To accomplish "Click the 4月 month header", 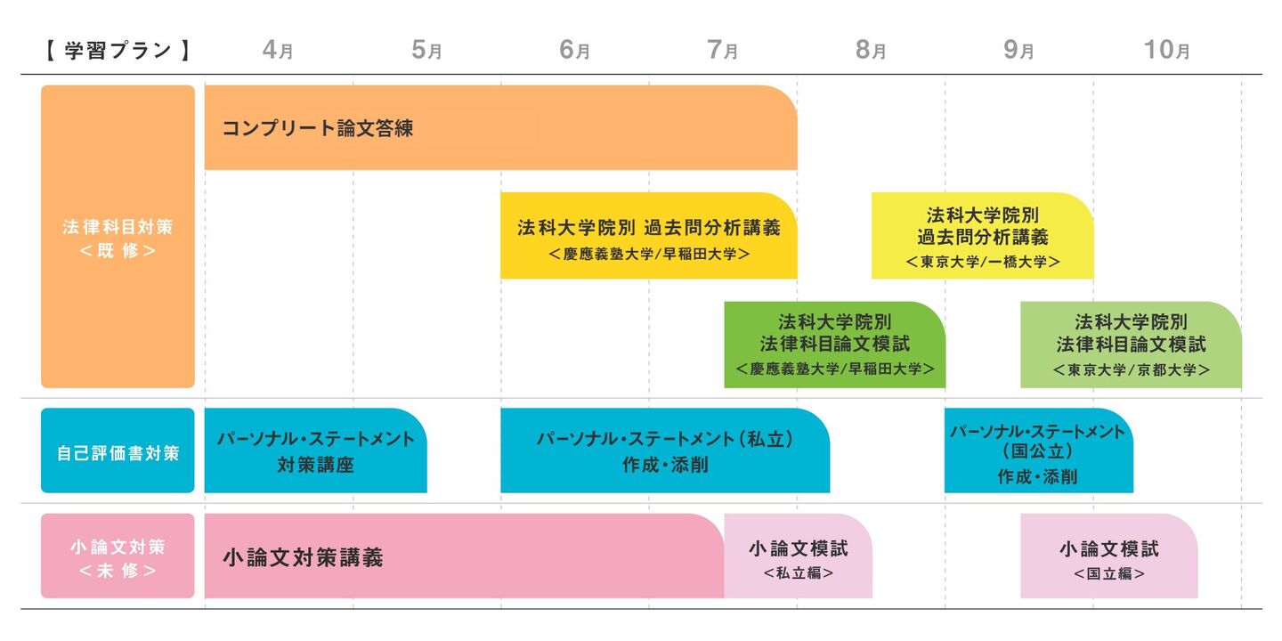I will pyautogui.click(x=278, y=51).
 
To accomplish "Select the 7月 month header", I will pyautogui.click(x=722, y=51).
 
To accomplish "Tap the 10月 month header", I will pyautogui.click(x=1166, y=51).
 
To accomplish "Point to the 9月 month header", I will pyautogui.click(x=1018, y=51).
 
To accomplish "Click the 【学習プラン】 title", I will pyautogui.click(x=117, y=51).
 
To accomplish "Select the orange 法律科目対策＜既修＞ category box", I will pyautogui.click(x=118, y=237).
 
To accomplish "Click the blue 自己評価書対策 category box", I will pyautogui.click(x=118, y=450).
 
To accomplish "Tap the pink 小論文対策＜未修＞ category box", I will pyautogui.click(x=118, y=556).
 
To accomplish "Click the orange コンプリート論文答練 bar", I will pyautogui.click(x=499, y=128).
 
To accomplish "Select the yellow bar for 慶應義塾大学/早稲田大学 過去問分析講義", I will pyautogui.click(x=648, y=237).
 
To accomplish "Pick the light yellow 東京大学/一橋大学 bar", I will pyautogui.click(x=982, y=237).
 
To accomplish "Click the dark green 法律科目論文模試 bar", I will pyautogui.click(x=834, y=345).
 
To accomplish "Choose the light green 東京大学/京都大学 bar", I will pyautogui.click(x=1131, y=345).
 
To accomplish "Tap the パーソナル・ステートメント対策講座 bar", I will pyautogui.click(x=315, y=450).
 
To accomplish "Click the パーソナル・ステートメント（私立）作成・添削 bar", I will pyautogui.click(x=664, y=450).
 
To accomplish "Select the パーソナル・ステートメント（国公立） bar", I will pyautogui.click(x=1038, y=450).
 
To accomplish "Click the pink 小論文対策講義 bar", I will pyautogui.click(x=463, y=556).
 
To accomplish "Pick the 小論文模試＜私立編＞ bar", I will pyautogui.click(x=798, y=556).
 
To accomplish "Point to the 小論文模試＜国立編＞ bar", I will pyautogui.click(x=1108, y=556).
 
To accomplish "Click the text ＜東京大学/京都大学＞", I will pyautogui.click(x=1131, y=369).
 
